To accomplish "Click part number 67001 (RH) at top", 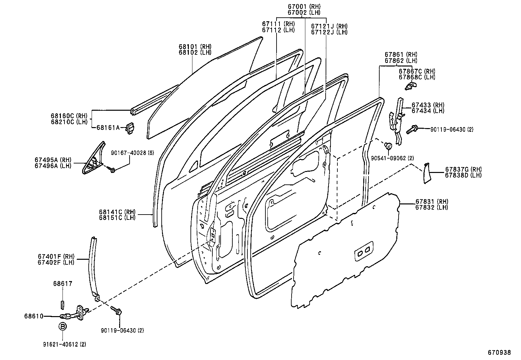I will tap(304, 6).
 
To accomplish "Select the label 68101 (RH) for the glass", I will tap(195, 47).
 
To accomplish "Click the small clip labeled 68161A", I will tap(130, 128).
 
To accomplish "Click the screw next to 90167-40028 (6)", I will tap(112, 170).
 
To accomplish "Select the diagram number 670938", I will tap(499, 352).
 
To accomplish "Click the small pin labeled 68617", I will tap(62, 304).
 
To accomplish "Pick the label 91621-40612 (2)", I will tap(64, 344).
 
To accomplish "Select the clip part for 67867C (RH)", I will tap(409, 86).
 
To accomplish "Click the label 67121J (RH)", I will tap(329, 26).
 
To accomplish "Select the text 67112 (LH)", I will tap(278, 29).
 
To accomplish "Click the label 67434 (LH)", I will tap(428, 111).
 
